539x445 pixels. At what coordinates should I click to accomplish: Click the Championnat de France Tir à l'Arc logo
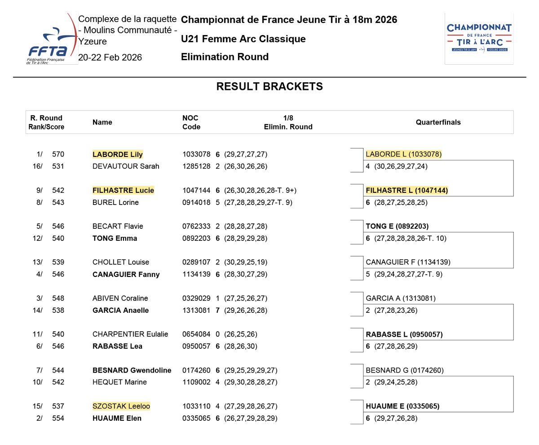click(x=479, y=38)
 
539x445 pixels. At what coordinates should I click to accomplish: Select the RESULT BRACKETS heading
click(x=269, y=87)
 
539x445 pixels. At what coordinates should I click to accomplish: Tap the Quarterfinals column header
click(x=438, y=122)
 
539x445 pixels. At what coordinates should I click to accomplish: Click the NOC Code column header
click(x=191, y=122)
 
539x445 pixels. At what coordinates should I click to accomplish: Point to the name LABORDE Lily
click(x=118, y=155)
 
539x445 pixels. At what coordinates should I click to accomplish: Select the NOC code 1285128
click(x=196, y=166)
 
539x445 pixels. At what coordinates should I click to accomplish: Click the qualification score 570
click(x=58, y=155)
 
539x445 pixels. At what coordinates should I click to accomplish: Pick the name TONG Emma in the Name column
click(x=115, y=238)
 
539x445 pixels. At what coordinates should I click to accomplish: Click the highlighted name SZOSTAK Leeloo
click(x=121, y=406)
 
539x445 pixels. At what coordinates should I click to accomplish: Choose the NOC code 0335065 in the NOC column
click(x=196, y=418)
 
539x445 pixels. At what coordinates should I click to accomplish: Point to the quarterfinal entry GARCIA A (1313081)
click(x=401, y=298)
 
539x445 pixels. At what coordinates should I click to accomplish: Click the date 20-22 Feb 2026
click(x=110, y=58)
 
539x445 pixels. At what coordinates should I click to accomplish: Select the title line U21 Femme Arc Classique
click(x=243, y=39)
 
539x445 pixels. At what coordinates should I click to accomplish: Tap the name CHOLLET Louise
click(x=121, y=263)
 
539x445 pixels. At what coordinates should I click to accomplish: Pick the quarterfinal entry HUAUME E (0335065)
click(x=402, y=406)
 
